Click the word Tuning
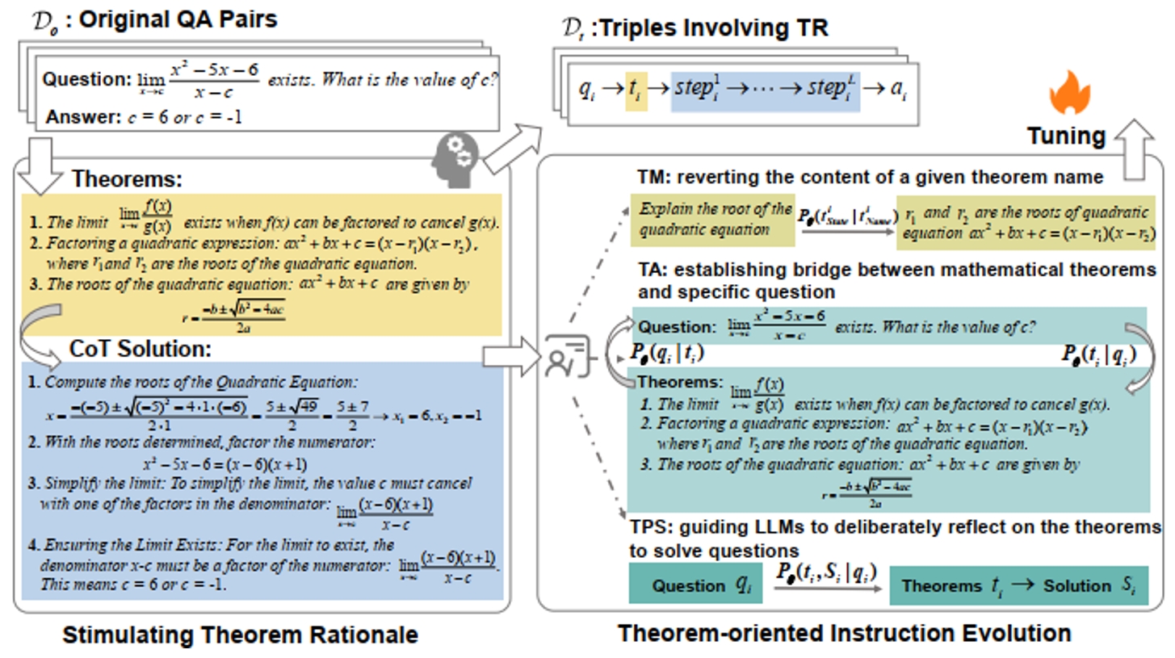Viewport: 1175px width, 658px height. [x=1066, y=136]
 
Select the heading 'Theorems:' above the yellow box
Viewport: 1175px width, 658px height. [x=128, y=178]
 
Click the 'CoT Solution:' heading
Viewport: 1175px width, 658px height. [x=141, y=350]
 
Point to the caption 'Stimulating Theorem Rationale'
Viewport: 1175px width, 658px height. [x=240, y=635]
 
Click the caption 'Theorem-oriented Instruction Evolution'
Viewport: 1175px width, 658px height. [x=845, y=633]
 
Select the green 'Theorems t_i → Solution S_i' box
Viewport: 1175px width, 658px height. [x=1018, y=585]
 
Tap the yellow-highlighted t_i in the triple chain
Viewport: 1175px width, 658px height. [x=636, y=90]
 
